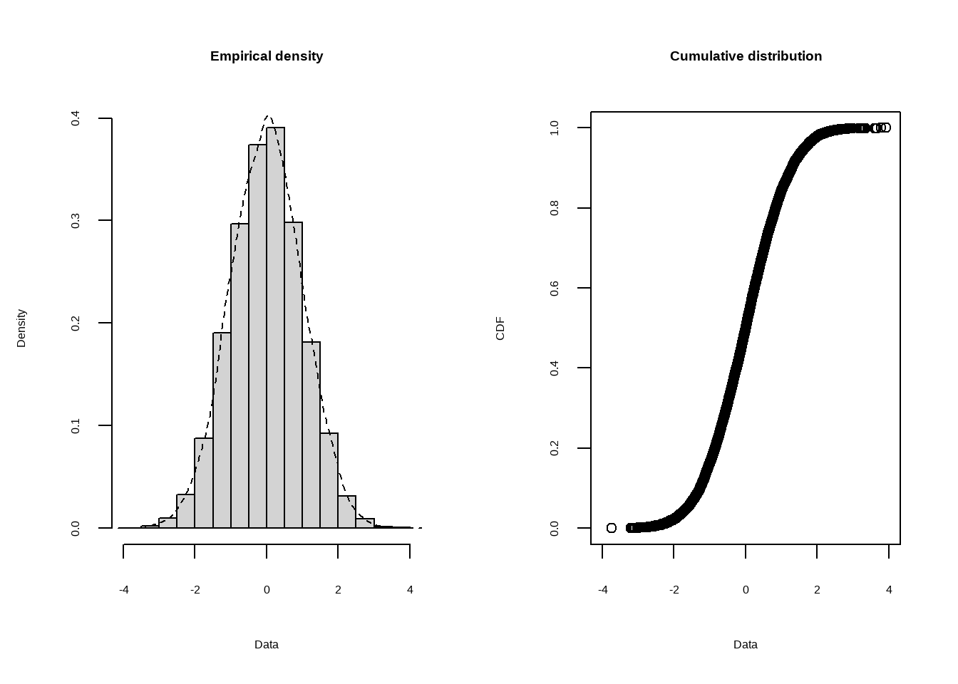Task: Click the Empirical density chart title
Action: (x=267, y=56)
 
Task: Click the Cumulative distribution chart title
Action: (x=746, y=56)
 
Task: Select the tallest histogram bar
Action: (x=275, y=328)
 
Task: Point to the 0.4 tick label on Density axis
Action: (x=76, y=118)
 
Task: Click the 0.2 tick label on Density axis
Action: (x=76, y=323)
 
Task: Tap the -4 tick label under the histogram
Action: (x=124, y=590)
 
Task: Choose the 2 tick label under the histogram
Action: (x=338, y=590)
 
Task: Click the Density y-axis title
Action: (x=21, y=328)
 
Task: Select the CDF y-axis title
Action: (x=500, y=328)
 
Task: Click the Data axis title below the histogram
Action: (x=267, y=645)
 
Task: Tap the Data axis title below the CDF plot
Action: (x=746, y=645)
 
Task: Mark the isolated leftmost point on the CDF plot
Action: (x=612, y=528)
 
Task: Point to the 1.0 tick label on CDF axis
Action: (x=555, y=128)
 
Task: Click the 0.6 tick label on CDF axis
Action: (x=555, y=288)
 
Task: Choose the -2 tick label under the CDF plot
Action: (x=674, y=590)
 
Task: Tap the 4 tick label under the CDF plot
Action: (x=889, y=590)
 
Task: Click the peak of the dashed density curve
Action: (x=268, y=115)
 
